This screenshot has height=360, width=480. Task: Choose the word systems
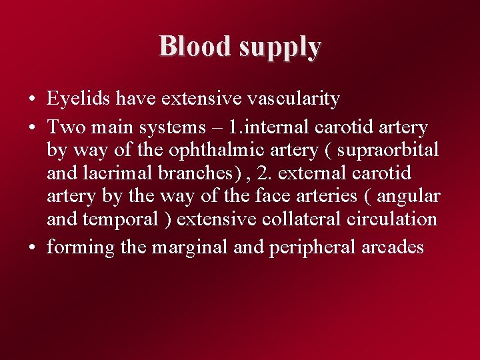[182, 127]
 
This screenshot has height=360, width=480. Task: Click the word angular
[408, 197]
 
